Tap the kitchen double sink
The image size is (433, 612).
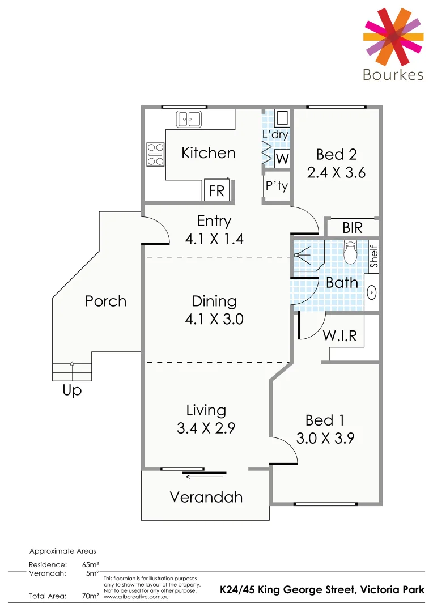189,119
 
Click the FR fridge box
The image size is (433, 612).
216,191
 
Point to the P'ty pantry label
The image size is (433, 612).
277,186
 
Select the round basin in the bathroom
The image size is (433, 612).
372,292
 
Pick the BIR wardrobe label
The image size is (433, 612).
353,228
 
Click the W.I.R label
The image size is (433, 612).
340,335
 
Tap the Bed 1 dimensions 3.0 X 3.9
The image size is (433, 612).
325,438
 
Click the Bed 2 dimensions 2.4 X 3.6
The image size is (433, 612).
336,172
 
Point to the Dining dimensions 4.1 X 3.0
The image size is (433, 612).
214,319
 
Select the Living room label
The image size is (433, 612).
206,410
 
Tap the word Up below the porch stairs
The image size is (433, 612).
73,390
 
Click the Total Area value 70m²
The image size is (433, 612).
91,596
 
